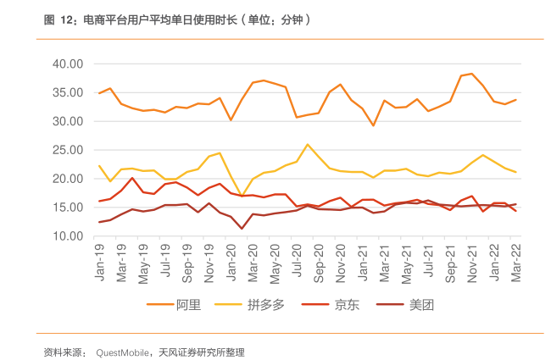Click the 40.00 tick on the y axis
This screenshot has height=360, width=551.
click(x=68, y=64)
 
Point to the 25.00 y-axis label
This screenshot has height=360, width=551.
click(x=68, y=150)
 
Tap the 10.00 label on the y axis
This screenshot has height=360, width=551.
click(x=68, y=235)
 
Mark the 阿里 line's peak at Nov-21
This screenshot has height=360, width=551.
click(x=472, y=74)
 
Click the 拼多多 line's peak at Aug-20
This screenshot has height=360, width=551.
click(x=308, y=144)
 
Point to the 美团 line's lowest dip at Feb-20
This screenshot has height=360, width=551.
click(x=242, y=229)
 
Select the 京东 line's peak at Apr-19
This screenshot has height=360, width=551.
click(x=132, y=178)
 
